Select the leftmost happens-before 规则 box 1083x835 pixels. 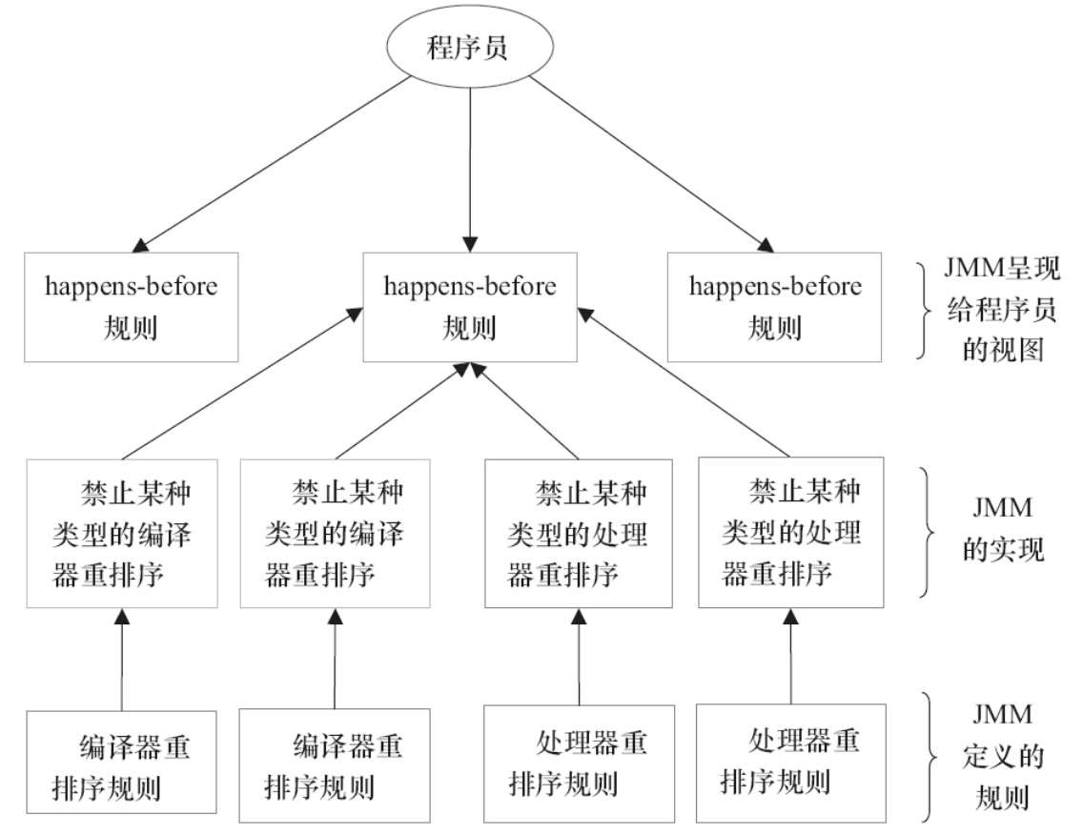click(x=131, y=307)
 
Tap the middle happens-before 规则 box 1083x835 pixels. click(x=470, y=307)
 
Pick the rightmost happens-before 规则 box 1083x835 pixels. click(x=774, y=307)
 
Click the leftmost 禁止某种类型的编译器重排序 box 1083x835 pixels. click(x=122, y=535)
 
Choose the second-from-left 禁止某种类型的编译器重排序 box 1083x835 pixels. click(x=335, y=535)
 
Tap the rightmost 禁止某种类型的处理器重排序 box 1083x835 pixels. click(x=792, y=535)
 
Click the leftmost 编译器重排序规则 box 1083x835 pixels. click(x=122, y=764)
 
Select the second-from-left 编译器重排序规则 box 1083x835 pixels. click(x=335, y=764)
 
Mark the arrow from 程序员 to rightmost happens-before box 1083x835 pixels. click(x=648, y=162)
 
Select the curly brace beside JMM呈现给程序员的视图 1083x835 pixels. click(x=923, y=311)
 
